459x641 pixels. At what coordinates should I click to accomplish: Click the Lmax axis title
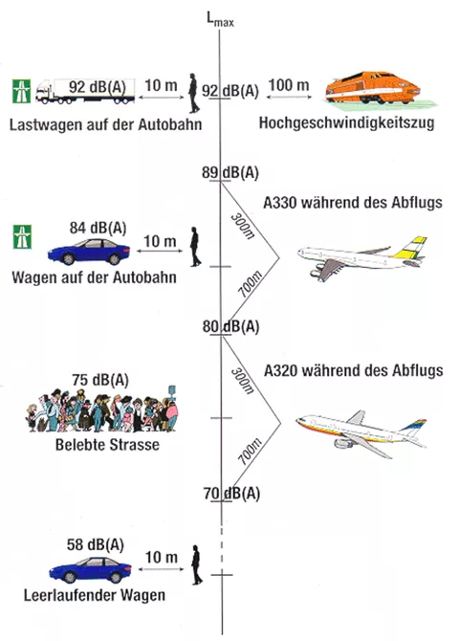click(220, 19)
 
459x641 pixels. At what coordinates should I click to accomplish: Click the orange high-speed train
click(373, 88)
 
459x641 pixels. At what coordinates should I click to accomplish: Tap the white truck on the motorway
click(85, 91)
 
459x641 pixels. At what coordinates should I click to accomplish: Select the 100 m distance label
click(289, 85)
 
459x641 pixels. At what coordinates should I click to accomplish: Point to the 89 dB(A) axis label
click(230, 172)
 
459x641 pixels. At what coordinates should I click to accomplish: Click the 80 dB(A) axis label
click(230, 326)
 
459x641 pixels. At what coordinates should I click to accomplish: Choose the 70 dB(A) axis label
click(231, 494)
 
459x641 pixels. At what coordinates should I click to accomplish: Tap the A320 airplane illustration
click(361, 433)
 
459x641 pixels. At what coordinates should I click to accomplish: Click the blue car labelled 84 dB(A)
click(89, 252)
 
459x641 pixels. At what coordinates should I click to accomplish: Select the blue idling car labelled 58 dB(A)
click(90, 569)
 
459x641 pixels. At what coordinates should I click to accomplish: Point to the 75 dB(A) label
click(100, 380)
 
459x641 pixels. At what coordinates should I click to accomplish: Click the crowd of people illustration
click(102, 409)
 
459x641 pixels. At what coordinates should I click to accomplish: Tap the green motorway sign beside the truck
click(21, 91)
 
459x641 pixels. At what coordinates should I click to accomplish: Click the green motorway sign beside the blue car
click(22, 236)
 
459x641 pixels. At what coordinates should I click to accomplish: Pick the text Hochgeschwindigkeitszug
click(346, 122)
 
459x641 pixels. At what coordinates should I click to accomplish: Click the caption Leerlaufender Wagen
click(95, 595)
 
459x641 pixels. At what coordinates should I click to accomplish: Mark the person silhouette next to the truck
click(194, 93)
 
